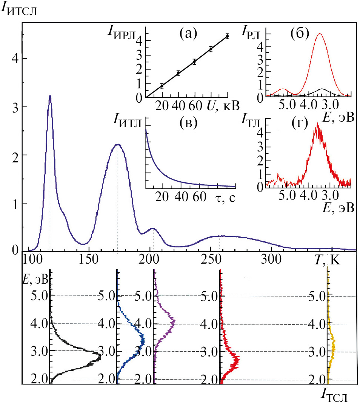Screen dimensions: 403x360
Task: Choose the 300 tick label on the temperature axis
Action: coord(271,259)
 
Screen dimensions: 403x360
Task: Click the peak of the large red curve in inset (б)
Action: coord(320,34)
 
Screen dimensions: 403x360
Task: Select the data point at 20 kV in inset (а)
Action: coord(162,86)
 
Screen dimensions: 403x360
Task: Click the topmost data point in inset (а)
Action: coord(227,36)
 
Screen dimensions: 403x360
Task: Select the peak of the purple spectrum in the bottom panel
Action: coord(174,323)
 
